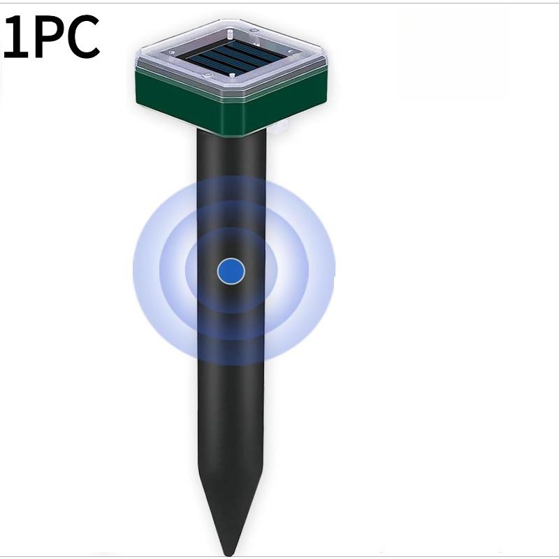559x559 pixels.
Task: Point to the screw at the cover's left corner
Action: tap(172, 52)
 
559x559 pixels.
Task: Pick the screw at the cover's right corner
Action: tap(291, 51)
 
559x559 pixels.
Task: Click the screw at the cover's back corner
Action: tap(254, 31)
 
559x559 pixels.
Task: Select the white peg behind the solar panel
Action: tap(231, 36)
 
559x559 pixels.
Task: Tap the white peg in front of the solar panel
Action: tap(233, 76)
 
